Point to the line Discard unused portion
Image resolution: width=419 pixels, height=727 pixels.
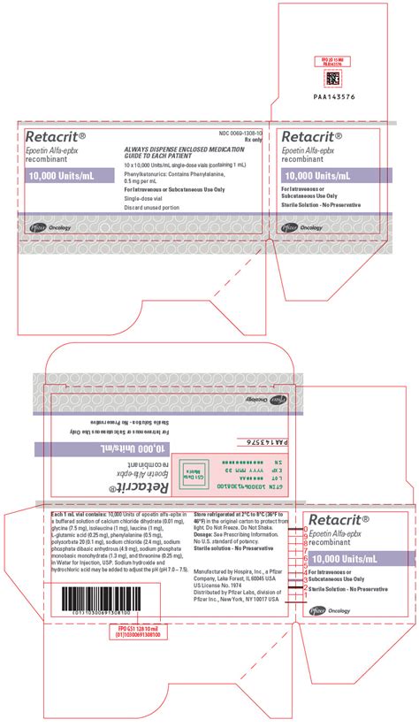point(151,209)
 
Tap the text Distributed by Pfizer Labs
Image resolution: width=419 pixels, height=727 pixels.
point(228,593)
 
